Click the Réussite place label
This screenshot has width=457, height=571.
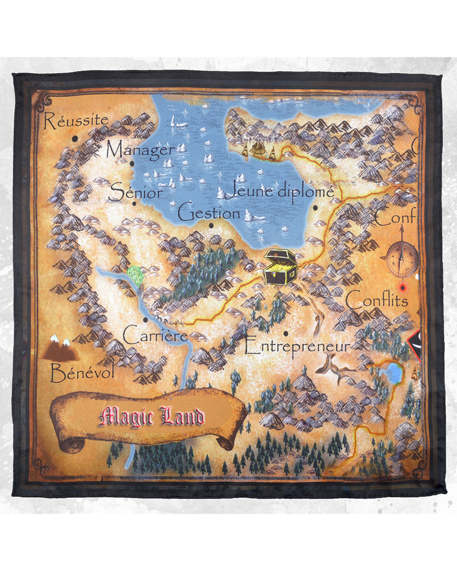click(x=76, y=121)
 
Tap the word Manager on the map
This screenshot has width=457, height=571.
click(x=141, y=150)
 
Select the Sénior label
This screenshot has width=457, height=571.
click(x=136, y=192)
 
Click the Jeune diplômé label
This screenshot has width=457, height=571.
click(x=279, y=191)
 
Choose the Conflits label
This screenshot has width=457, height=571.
click(x=378, y=300)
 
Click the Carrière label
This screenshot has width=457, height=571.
click(x=155, y=335)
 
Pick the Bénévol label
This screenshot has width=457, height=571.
click(x=82, y=373)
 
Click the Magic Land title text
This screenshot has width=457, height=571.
click(x=151, y=417)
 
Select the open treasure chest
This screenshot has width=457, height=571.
click(x=280, y=267)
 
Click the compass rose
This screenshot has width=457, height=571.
click(x=402, y=259)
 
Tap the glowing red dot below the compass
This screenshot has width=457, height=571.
click(x=403, y=287)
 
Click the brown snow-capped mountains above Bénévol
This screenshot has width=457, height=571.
click(x=60, y=348)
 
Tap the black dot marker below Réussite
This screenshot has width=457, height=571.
click(x=75, y=138)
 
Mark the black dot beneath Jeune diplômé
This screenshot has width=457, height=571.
click(x=315, y=210)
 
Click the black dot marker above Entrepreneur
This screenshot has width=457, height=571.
click(x=286, y=333)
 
